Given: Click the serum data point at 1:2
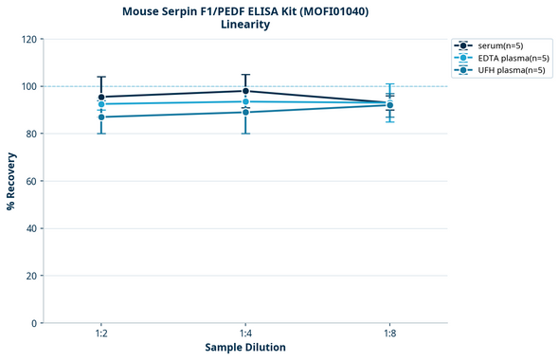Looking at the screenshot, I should [x=101, y=97].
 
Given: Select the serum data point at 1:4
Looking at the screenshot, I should [x=245, y=91].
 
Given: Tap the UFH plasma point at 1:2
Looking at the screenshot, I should [x=101, y=117].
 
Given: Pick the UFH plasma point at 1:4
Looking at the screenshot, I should [x=245, y=112].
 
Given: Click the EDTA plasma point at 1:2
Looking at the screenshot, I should [x=101, y=104].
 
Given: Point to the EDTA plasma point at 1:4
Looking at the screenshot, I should [x=245, y=101].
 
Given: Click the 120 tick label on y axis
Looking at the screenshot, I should [x=28, y=39].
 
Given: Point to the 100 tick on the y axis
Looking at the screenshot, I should [x=28, y=86].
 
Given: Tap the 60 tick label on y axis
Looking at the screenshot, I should [x=31, y=181].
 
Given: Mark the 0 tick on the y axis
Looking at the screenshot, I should [x=34, y=323].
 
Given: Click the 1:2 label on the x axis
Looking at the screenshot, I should [x=101, y=333].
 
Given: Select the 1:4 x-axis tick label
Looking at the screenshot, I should [x=245, y=333].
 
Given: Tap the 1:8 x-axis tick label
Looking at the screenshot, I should [x=389, y=333].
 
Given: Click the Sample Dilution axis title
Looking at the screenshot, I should [x=245, y=348].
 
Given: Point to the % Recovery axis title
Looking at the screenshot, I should [x=11, y=181].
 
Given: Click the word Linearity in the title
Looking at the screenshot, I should [x=244, y=25].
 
